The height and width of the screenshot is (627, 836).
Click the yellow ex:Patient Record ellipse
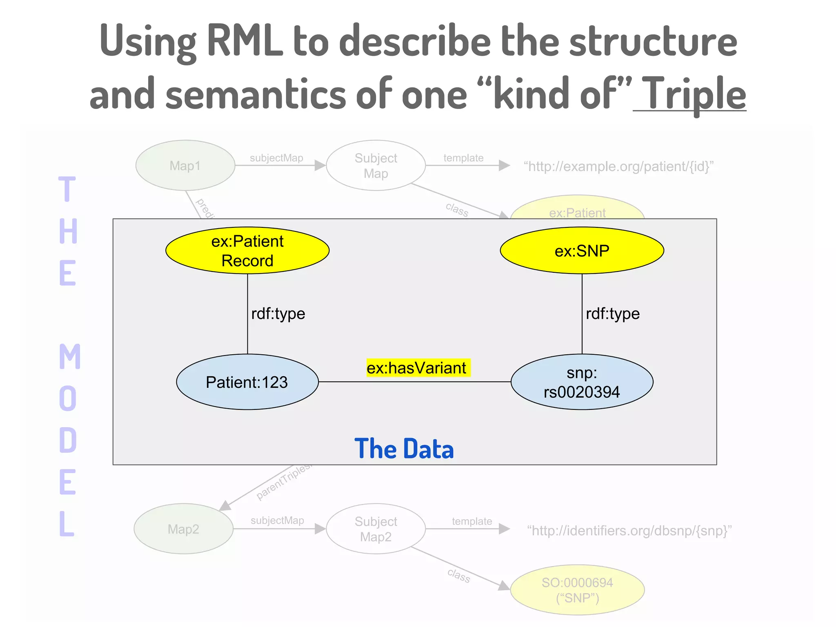click(x=247, y=250)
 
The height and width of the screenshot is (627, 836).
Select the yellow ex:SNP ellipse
click(x=582, y=250)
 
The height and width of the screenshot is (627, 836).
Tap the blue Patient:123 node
click(x=247, y=382)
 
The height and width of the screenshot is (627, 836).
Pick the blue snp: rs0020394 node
click(x=582, y=382)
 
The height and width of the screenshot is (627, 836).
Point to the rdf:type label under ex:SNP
click(x=612, y=313)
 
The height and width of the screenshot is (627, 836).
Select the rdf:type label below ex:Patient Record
click(x=278, y=313)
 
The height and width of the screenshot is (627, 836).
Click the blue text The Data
click(x=404, y=449)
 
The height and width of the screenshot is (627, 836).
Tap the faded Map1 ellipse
click(x=185, y=165)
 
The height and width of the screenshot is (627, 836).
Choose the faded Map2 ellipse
click(x=183, y=529)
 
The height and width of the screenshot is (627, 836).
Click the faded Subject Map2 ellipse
click(x=376, y=529)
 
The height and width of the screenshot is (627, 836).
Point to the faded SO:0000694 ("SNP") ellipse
click(x=577, y=590)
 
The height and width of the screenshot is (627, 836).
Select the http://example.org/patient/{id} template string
click(x=618, y=166)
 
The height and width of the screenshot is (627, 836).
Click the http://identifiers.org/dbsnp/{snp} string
click(x=629, y=531)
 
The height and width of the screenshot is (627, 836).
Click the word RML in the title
click(x=245, y=40)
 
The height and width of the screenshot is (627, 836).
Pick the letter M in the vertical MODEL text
click(x=69, y=356)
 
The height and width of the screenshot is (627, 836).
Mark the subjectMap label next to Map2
click(x=277, y=520)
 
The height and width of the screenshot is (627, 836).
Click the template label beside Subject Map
click(x=463, y=158)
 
